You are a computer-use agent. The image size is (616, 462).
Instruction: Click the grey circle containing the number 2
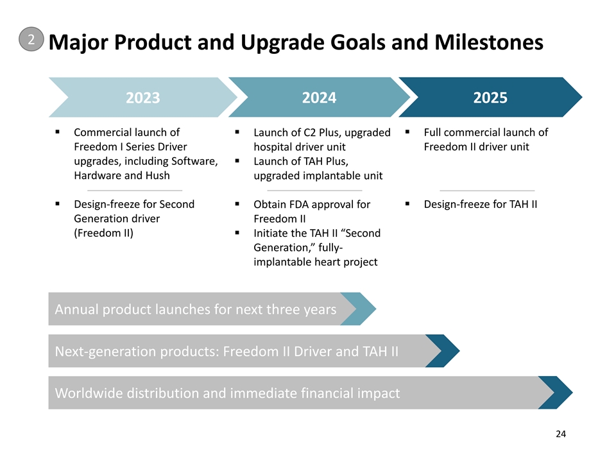(31, 39)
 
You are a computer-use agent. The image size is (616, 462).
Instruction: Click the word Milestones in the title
(489, 42)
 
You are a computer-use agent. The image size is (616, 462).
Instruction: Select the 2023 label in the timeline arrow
(142, 98)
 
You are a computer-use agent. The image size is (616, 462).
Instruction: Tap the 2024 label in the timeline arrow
(319, 98)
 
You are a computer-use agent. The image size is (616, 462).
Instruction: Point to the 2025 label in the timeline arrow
(490, 98)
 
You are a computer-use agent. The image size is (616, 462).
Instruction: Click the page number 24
(561, 434)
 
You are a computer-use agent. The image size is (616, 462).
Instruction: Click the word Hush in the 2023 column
(158, 175)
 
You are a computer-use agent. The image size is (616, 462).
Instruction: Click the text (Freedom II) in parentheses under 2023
(104, 233)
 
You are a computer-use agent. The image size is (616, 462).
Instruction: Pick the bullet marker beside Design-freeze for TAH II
(407, 204)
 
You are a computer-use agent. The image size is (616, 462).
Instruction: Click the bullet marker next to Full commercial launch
(407, 132)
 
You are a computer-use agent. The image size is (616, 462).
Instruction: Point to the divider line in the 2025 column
(487, 191)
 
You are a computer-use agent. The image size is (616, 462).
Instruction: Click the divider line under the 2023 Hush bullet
(135, 191)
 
